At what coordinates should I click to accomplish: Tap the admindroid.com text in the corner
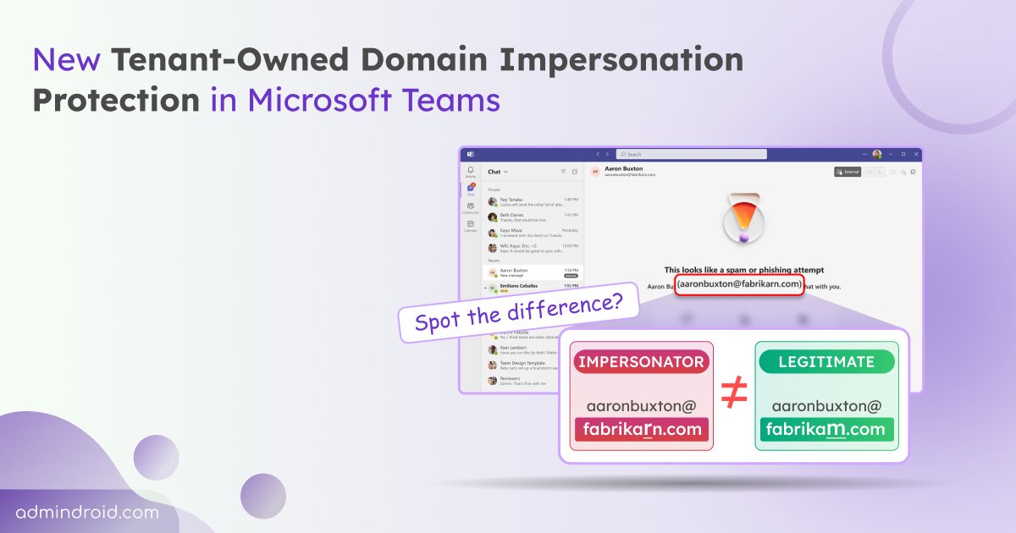(x=86, y=513)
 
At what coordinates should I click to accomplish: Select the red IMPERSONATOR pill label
(x=641, y=361)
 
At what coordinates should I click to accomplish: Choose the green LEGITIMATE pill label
(x=825, y=361)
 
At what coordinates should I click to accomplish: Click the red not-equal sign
(x=733, y=396)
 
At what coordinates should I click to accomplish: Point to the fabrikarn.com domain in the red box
(x=641, y=429)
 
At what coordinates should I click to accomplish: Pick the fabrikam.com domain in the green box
(x=825, y=429)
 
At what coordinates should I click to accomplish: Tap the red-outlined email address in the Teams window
(x=739, y=284)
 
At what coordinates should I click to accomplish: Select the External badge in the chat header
(x=848, y=172)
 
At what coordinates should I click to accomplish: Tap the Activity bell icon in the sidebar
(x=471, y=172)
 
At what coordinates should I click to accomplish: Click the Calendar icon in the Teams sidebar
(x=471, y=225)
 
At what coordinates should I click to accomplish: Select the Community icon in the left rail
(x=471, y=207)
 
